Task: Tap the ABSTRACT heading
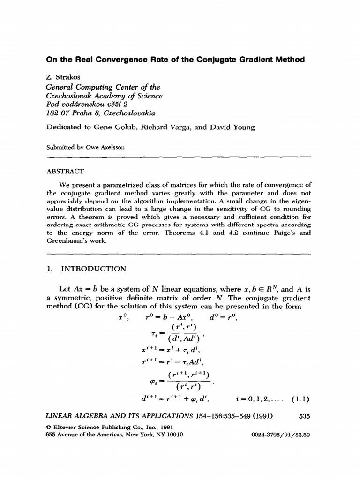click(x=66, y=172)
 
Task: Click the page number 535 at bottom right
click(x=304, y=415)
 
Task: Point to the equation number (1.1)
click(x=300, y=400)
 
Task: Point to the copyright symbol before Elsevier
click(x=48, y=427)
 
